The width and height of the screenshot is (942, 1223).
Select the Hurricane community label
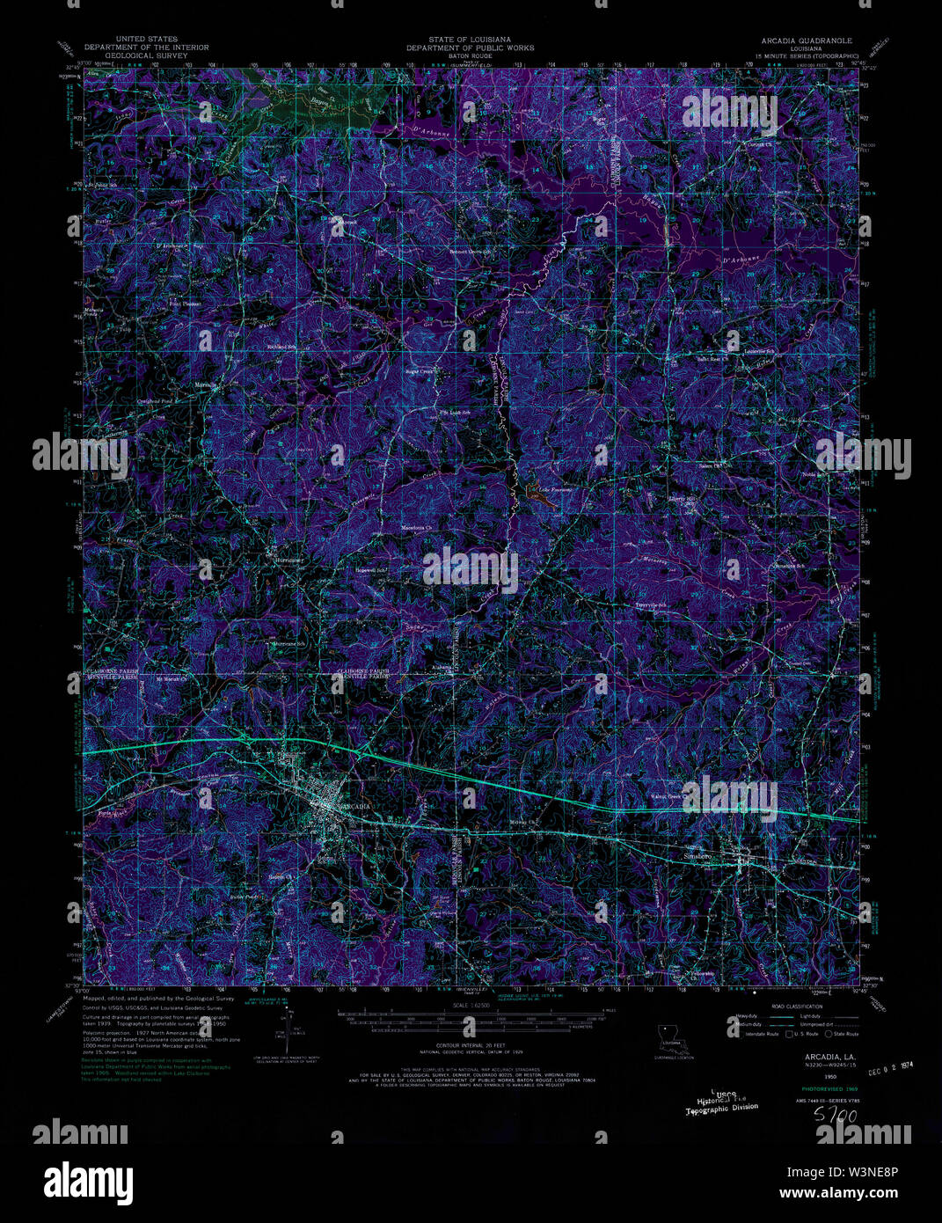tap(288, 560)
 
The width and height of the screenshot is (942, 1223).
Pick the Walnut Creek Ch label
tap(669, 797)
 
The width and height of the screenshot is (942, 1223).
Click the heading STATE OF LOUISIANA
tap(470, 40)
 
